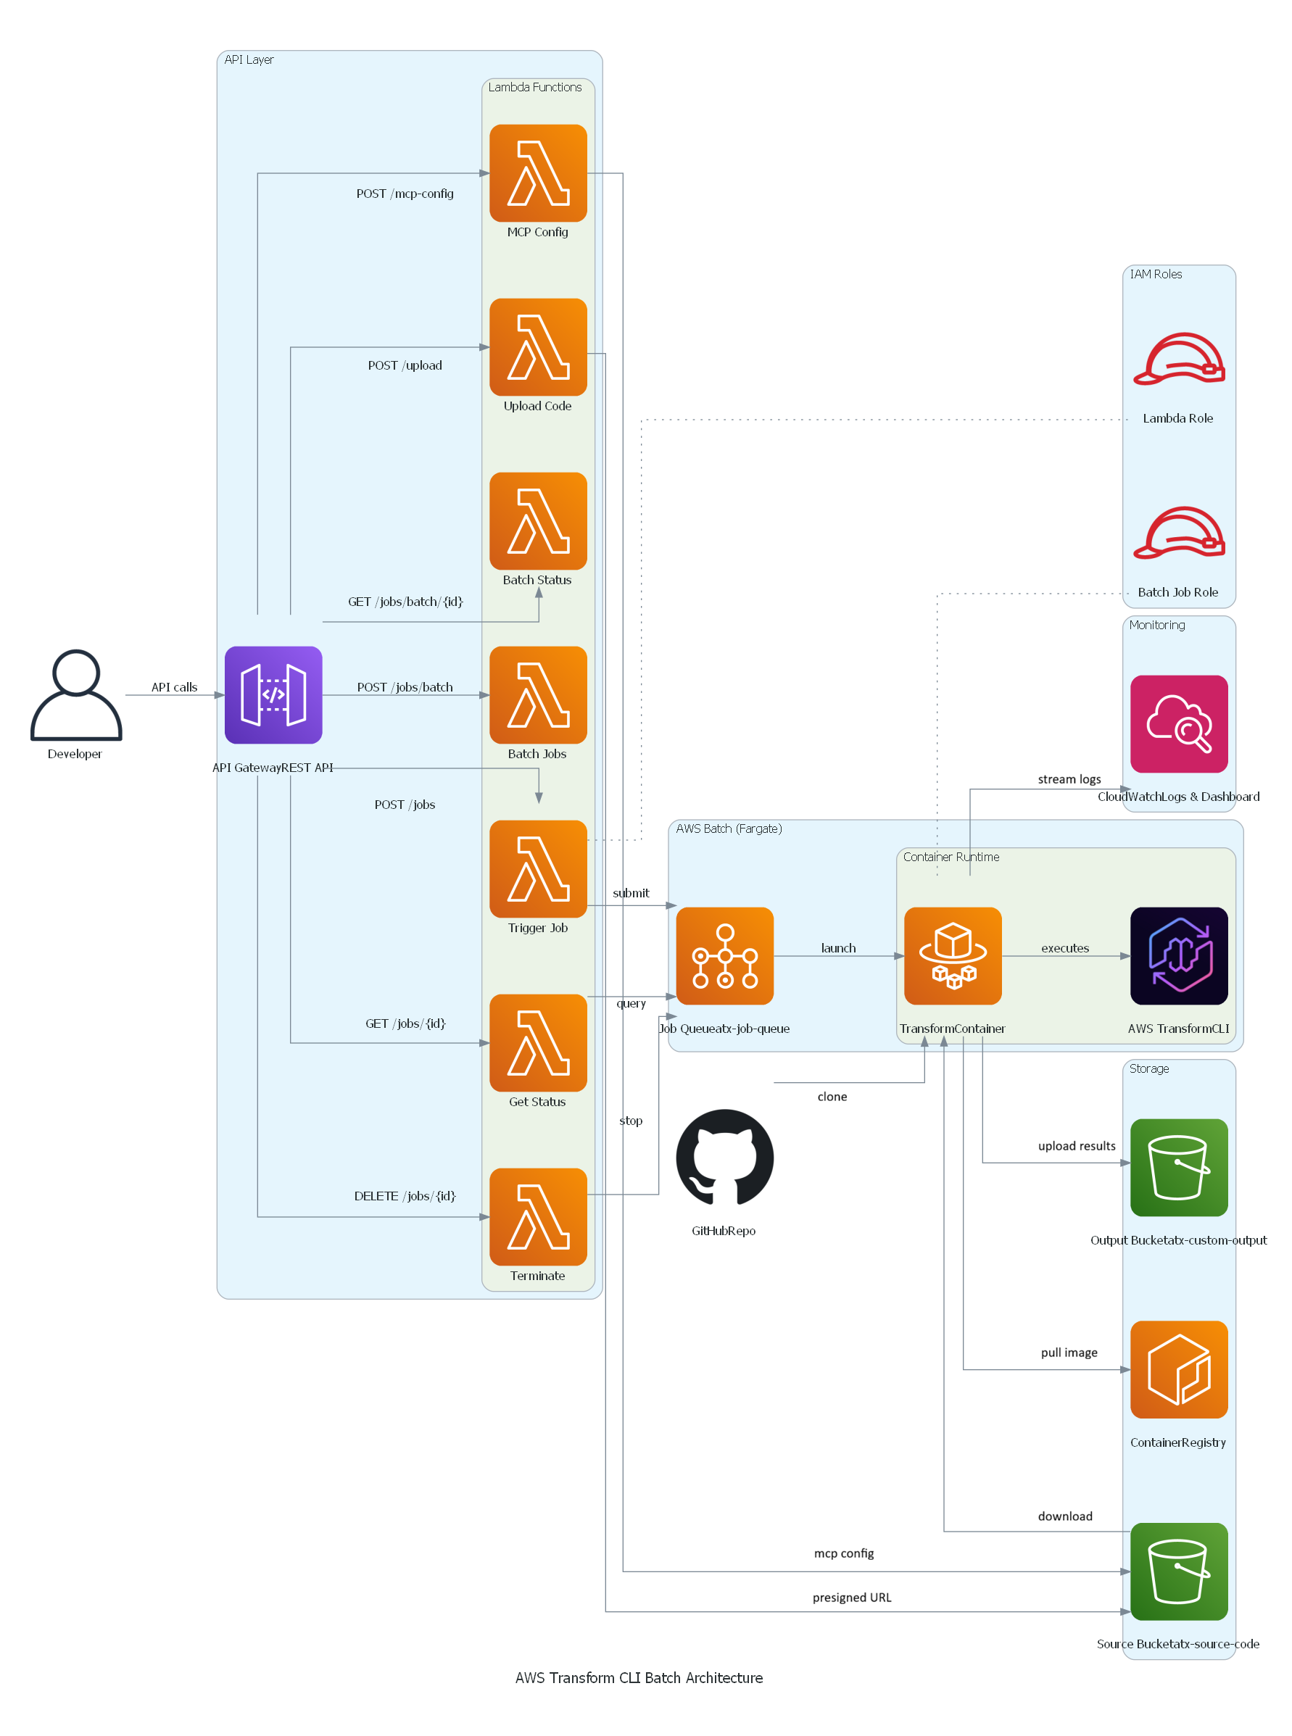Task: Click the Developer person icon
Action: [x=76, y=694]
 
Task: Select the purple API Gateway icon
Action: [x=273, y=694]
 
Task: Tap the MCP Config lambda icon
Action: [x=538, y=173]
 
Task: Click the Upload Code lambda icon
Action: [x=538, y=346]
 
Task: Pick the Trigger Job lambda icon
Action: [x=538, y=868]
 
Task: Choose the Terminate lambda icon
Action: [x=538, y=1216]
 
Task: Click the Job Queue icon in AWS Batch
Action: [x=724, y=955]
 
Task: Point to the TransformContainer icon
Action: [x=953, y=955]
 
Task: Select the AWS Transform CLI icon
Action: [x=1179, y=955]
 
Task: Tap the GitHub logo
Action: [x=724, y=1158]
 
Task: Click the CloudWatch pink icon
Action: [x=1179, y=723]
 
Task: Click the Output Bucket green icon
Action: [x=1179, y=1167]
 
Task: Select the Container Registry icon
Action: [x=1179, y=1369]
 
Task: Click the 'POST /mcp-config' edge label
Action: [x=405, y=193]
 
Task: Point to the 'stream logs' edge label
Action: [x=1069, y=779]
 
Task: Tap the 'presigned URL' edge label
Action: [x=852, y=1597]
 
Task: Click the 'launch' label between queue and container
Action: [x=838, y=948]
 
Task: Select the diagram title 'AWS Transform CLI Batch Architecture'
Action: [x=638, y=1677]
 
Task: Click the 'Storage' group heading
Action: [x=1149, y=1068]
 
